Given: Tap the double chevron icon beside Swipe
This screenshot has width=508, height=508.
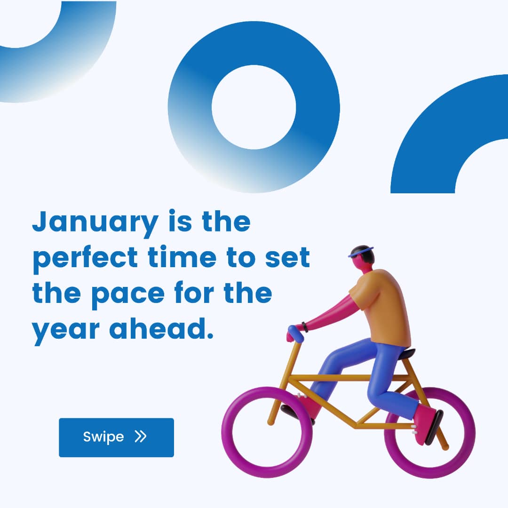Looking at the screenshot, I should coord(141,437).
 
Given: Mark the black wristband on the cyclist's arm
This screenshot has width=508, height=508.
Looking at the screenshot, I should coord(305,327).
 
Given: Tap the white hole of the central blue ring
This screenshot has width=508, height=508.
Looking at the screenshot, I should coord(254,107).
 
